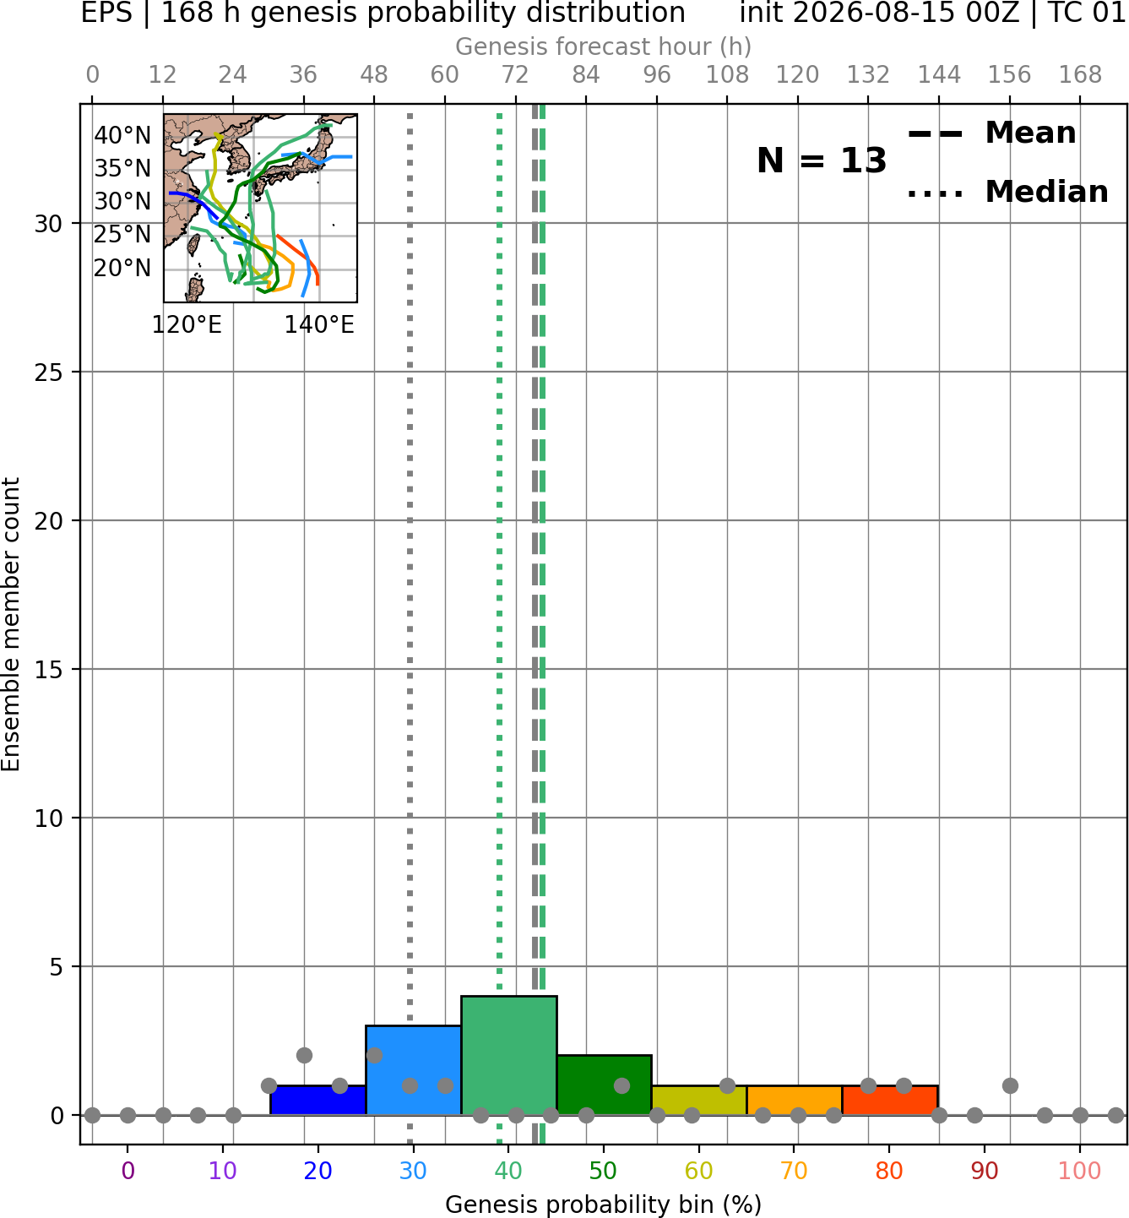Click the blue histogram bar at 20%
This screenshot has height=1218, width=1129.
318,1101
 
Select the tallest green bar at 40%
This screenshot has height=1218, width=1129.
509,1056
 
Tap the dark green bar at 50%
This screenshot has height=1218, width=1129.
604,1085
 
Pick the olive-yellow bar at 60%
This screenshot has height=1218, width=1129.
699,1101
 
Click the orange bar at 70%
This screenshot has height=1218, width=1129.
795,1101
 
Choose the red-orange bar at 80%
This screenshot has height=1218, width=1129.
890,1101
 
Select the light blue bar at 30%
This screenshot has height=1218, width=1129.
413,1070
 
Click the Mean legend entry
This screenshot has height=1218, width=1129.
991,133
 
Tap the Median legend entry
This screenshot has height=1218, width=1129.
1007,192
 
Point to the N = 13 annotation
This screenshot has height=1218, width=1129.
822,160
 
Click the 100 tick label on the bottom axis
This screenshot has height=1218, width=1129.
1080,1171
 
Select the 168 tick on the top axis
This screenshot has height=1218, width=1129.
1080,75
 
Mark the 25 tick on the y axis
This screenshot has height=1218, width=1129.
49,372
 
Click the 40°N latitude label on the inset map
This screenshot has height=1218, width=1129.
122,135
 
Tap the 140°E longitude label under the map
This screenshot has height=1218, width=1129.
319,324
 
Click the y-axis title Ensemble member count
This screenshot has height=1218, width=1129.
11,624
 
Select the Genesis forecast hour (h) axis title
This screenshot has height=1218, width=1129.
604,46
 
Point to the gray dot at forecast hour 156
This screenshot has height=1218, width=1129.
1010,1085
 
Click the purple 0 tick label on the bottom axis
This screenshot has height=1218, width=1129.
128,1171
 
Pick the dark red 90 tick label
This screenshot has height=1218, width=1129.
985,1171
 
